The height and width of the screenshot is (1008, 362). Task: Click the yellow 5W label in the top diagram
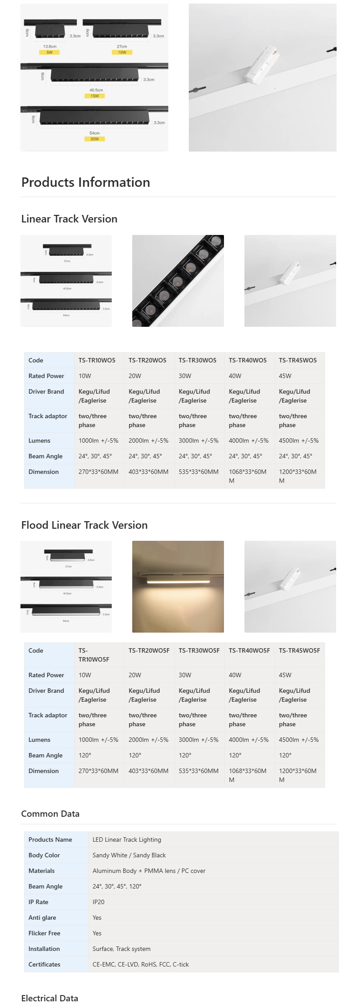49,53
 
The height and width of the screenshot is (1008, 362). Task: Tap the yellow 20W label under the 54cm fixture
94,139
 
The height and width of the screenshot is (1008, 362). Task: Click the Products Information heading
85,182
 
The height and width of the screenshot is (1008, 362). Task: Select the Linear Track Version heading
69,219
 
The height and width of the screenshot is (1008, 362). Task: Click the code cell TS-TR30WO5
197,360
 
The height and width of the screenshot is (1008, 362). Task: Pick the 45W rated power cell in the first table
285,376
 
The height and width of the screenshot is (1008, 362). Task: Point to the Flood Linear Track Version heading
84,525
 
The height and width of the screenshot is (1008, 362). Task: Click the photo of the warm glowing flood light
178,586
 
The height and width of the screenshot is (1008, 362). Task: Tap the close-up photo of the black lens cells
178,280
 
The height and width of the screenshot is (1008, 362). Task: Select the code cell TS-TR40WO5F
249,650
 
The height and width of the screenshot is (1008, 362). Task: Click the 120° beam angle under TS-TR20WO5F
135,755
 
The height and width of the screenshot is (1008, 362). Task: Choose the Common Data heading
50,814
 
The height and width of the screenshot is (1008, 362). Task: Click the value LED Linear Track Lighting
127,839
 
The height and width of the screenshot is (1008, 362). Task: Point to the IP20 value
98,902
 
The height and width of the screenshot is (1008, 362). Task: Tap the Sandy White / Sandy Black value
129,855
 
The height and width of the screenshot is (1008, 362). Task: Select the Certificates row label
44,964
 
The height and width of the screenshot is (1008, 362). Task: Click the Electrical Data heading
49,998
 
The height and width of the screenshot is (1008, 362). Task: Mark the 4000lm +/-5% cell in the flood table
248,740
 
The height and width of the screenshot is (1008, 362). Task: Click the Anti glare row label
42,917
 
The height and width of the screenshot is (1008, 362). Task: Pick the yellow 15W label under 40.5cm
95,96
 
